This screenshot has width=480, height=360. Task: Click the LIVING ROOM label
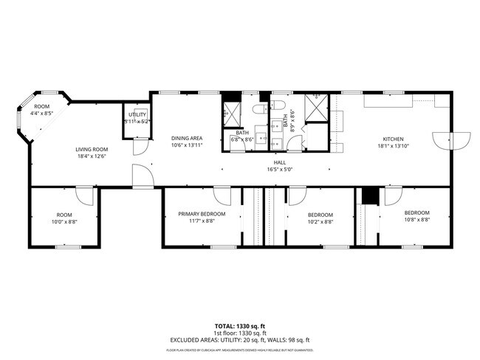(92, 149)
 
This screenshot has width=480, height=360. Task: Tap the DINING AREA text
(186, 138)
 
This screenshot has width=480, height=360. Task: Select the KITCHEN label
(393, 139)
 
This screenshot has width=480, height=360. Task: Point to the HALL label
(280, 162)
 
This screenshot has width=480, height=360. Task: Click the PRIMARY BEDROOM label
(202, 214)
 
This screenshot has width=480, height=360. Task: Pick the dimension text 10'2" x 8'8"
(320, 221)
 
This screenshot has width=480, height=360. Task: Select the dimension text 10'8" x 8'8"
(417, 220)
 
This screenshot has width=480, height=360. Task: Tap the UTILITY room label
(137, 114)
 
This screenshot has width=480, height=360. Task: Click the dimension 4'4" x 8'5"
(43, 114)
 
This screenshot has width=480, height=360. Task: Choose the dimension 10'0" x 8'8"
(64, 221)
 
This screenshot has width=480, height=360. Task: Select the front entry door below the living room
(142, 176)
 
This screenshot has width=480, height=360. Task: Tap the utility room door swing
(138, 147)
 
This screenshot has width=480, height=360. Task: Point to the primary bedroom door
(222, 196)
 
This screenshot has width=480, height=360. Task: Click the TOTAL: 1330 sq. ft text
(240, 325)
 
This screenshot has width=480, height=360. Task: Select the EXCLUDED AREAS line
(240, 339)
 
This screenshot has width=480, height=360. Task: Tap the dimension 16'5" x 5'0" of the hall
(280, 169)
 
